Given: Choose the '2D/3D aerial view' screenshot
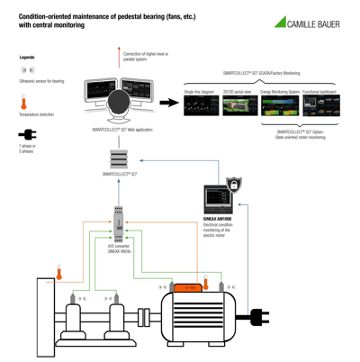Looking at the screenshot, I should tap(239, 106).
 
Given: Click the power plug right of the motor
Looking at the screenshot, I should tap(262, 316).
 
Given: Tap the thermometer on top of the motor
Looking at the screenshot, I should tap(205, 283).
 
